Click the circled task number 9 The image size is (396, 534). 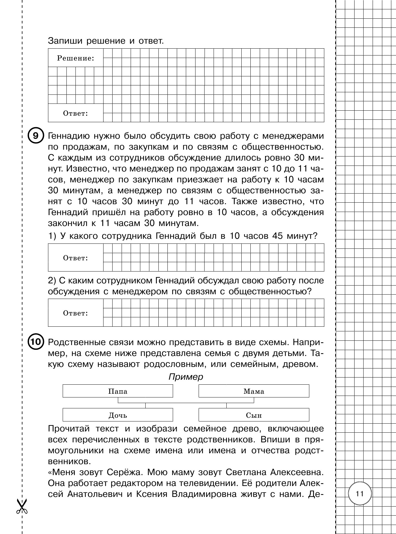point(36,136)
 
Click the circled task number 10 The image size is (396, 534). point(36,342)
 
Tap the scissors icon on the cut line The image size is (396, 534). point(22,506)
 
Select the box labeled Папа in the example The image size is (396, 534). point(118,391)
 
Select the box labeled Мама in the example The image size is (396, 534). point(254,391)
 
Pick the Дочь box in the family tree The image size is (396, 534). point(118,415)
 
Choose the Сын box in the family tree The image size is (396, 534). point(254,415)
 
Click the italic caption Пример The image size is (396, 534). point(186,377)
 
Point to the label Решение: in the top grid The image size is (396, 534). point(75,58)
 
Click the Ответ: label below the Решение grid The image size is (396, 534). point(75,113)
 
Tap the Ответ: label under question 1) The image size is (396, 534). point(75,258)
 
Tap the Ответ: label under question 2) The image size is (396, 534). point(75,313)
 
